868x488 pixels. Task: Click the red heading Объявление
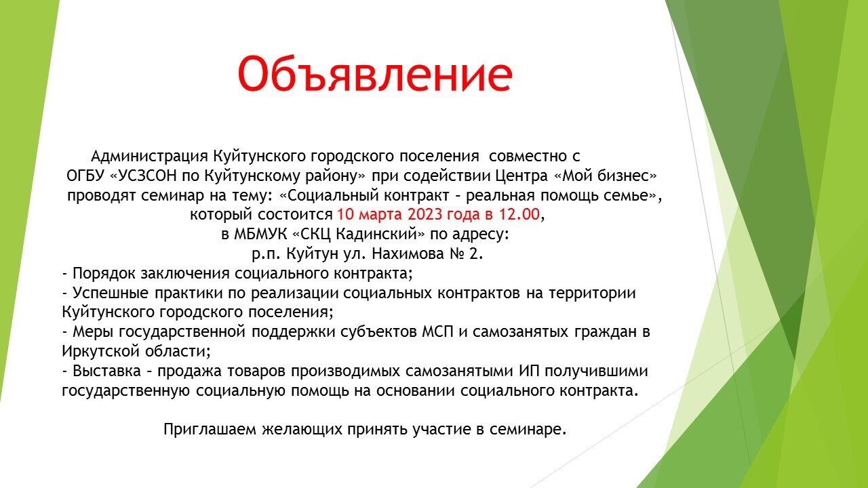375,74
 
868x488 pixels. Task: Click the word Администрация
150,156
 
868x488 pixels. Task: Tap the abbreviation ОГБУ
85,176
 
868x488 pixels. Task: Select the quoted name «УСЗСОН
143,176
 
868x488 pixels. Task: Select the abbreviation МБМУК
260,235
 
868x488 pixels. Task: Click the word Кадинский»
380,235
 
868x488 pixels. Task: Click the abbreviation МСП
437,332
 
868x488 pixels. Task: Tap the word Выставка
106,371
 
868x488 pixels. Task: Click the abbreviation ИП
530,371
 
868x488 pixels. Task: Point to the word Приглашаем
210,430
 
